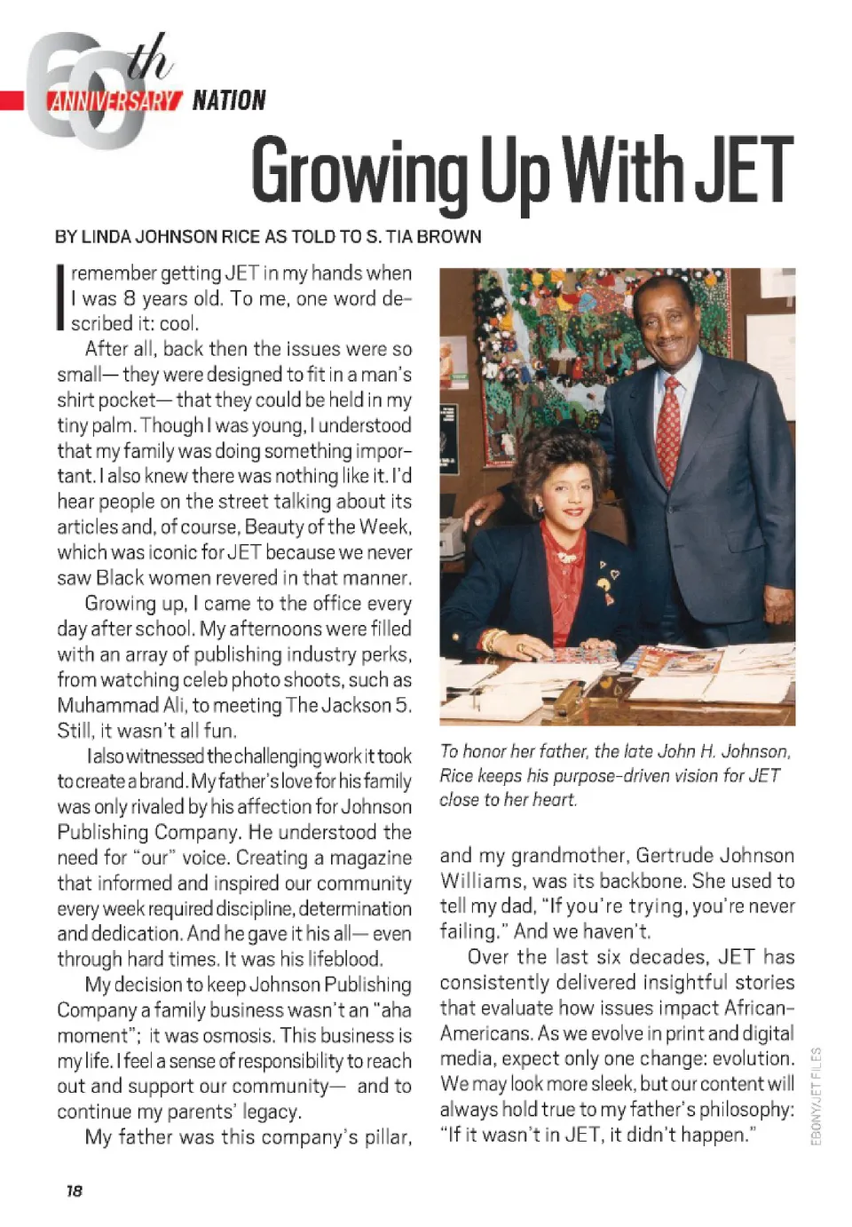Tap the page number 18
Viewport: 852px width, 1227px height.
[x=74, y=1191]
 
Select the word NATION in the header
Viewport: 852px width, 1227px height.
[x=229, y=100]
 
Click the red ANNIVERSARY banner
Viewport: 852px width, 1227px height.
[x=114, y=100]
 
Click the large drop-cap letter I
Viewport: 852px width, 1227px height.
[x=61, y=297]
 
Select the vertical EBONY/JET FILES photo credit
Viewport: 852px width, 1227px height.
[x=816, y=1096]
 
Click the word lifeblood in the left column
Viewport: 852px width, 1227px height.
[x=344, y=959]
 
